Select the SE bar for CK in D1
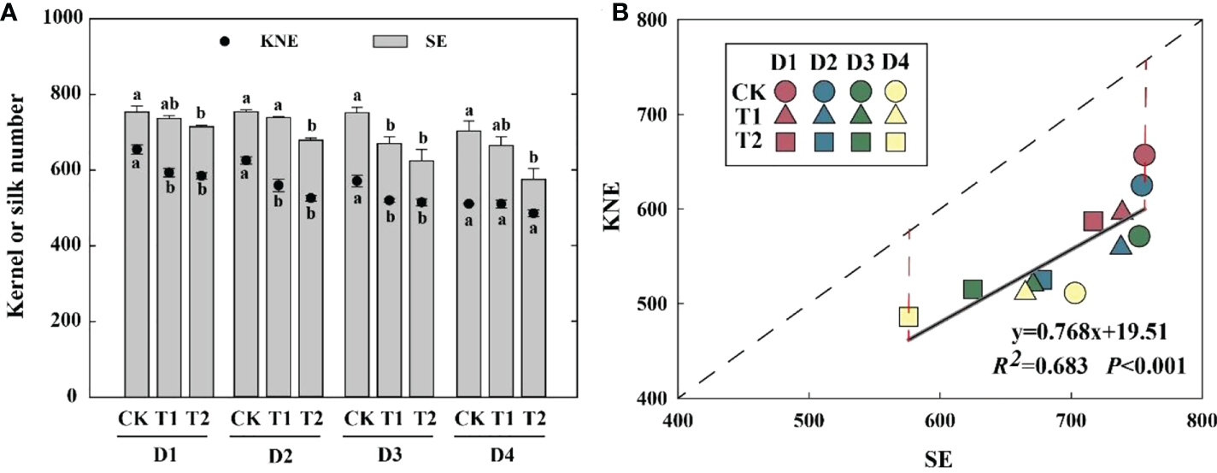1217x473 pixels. point(137,257)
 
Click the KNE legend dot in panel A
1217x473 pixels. point(223,41)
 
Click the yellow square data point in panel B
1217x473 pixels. point(908,317)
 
